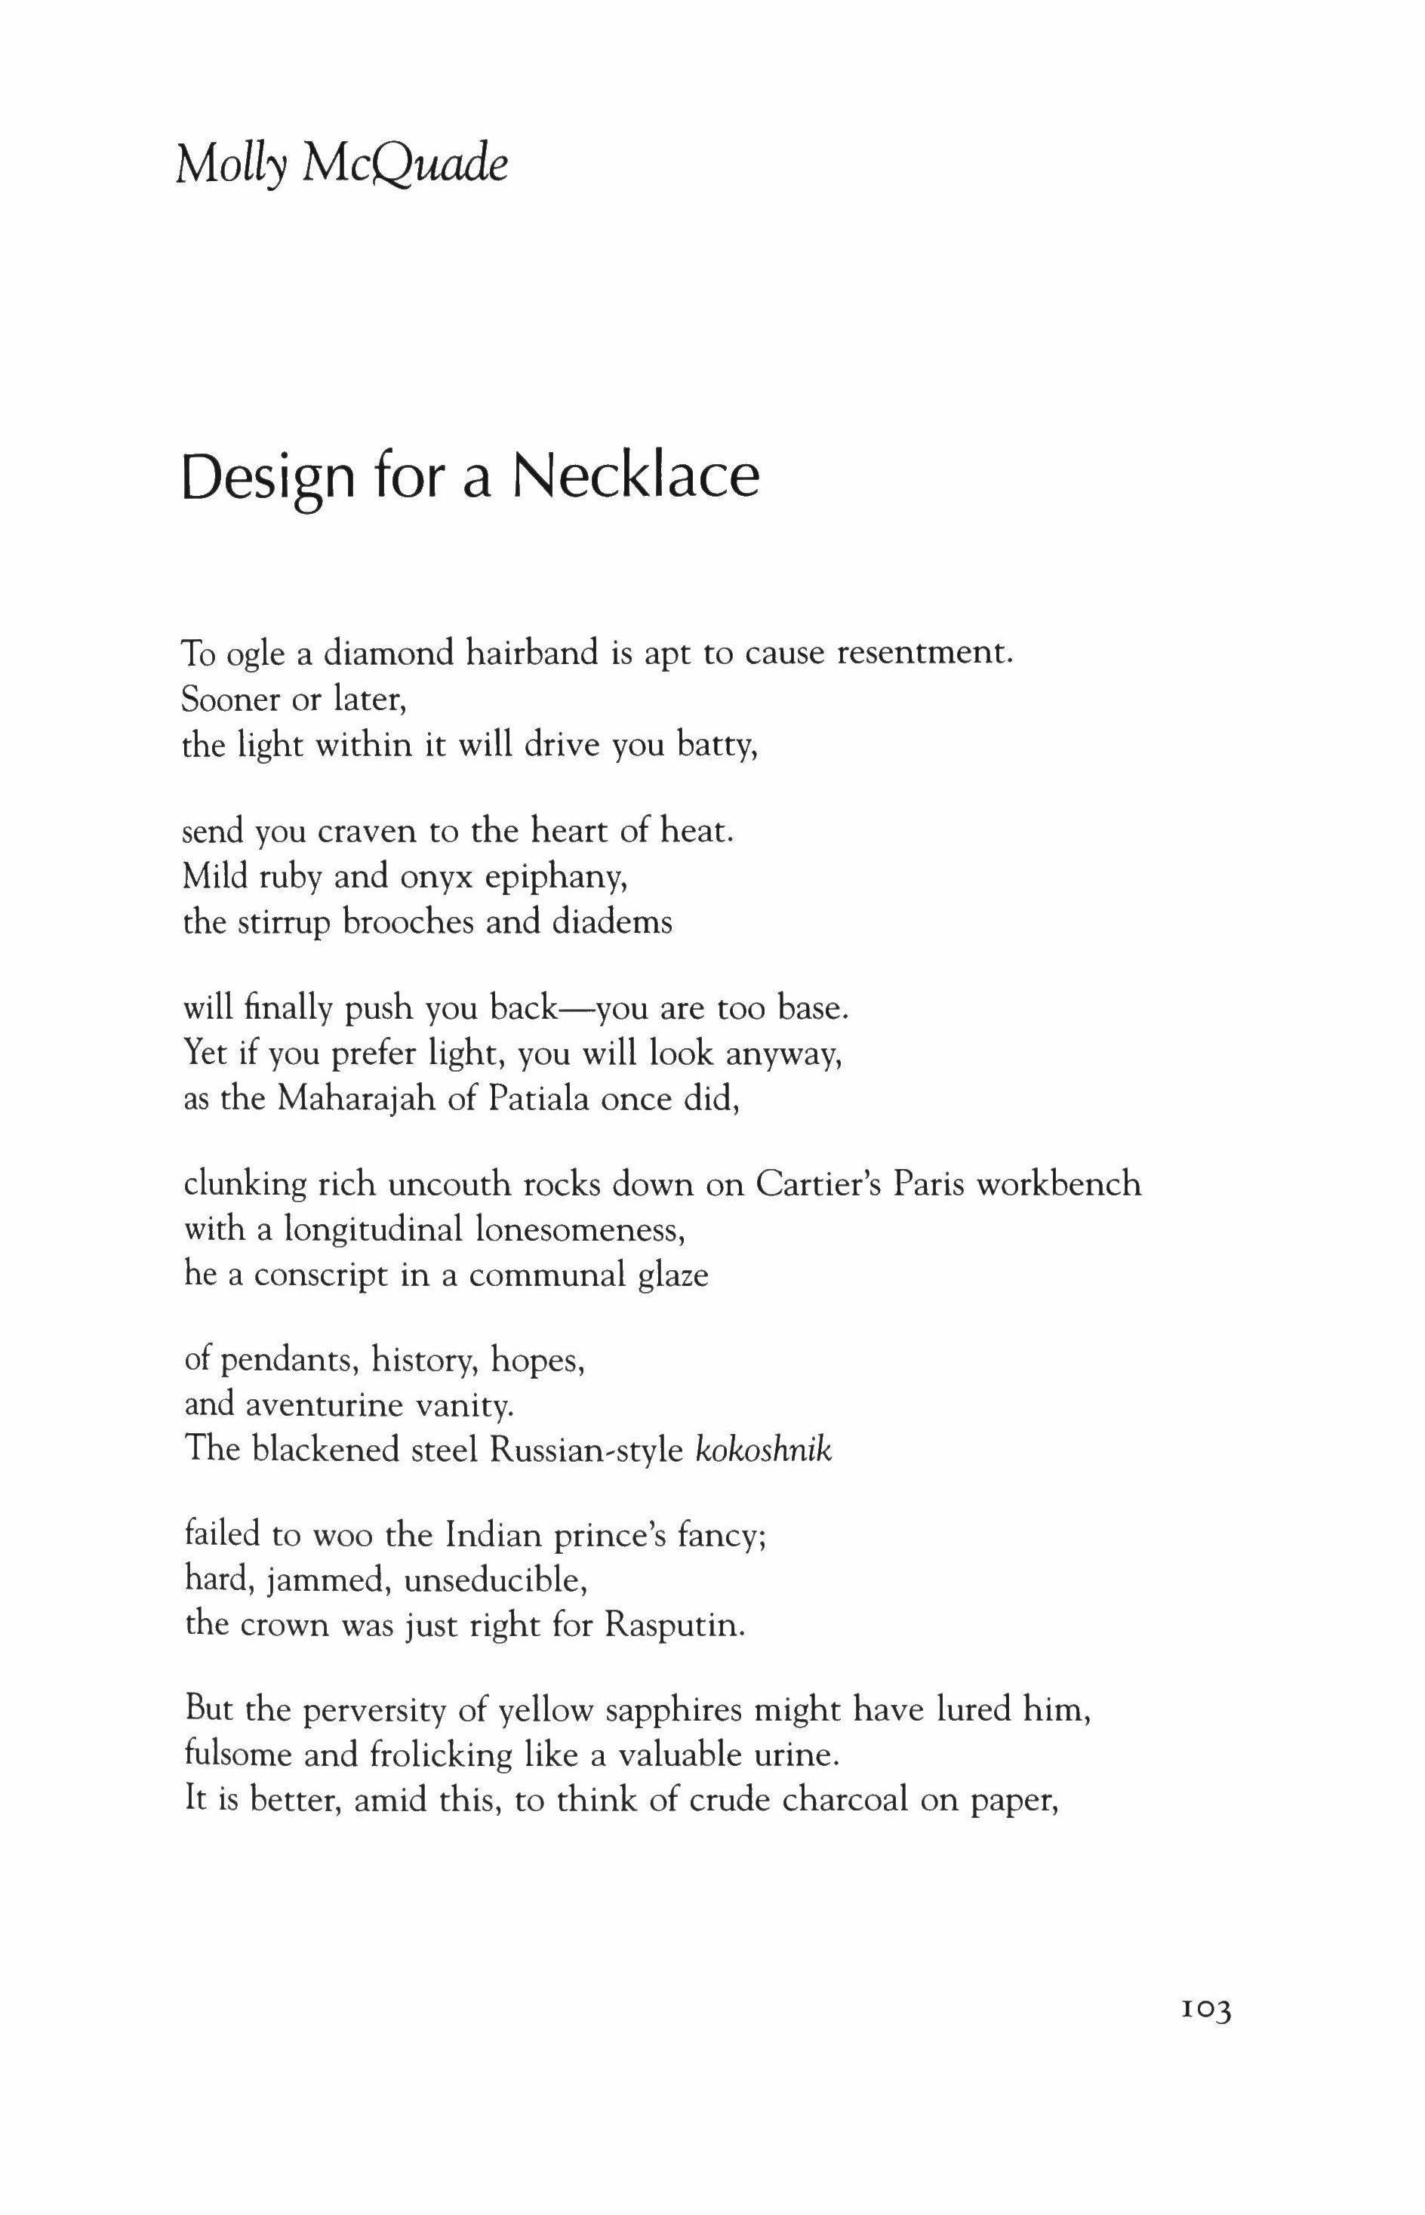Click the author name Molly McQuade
click(341, 167)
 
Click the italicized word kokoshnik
click(762, 1450)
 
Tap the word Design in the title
click(269, 478)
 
